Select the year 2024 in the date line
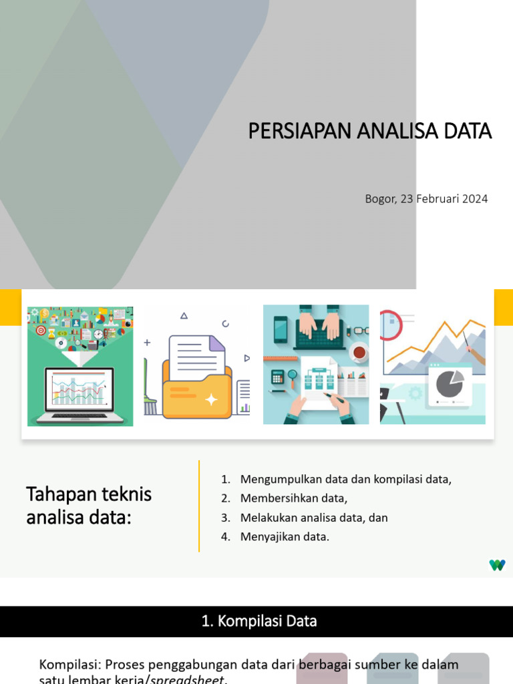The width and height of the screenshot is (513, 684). pos(474,198)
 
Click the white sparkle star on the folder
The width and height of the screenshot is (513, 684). pos(212,399)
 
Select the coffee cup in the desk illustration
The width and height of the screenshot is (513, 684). pos(359,351)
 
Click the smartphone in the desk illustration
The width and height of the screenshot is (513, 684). pos(280,329)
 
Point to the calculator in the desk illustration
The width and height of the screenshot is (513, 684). pos(277,377)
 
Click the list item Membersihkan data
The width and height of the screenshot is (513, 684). pos(294,498)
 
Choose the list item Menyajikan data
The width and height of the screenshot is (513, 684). pos(285,537)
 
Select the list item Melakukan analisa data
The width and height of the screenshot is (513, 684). pos(314,518)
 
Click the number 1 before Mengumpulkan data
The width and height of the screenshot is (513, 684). pos(225,479)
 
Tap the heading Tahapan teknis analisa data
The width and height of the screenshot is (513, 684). pos(89,505)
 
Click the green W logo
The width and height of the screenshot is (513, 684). pos(497,565)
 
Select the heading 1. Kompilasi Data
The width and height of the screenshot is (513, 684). pos(259,621)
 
